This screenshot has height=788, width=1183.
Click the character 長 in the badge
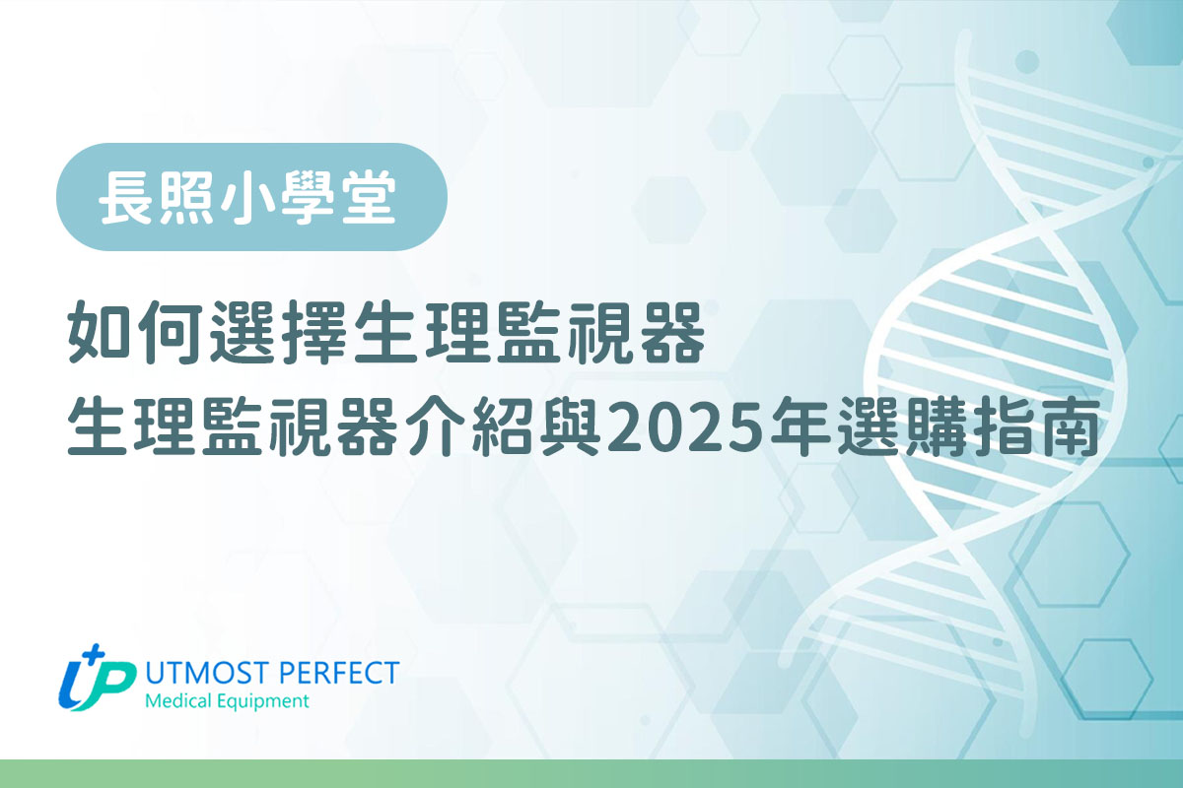pyautogui.click(x=127, y=197)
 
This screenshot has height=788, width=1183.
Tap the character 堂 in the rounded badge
pyautogui.click(x=367, y=197)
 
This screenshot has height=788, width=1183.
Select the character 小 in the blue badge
pyautogui.click(x=246, y=197)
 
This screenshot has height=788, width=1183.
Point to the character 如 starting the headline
pyautogui.click(x=100, y=333)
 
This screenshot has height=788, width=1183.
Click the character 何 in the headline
pyautogui.click(x=172, y=333)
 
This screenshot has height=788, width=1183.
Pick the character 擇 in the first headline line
pyautogui.click(x=314, y=333)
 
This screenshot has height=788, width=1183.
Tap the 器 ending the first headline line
pyautogui.click(x=672, y=333)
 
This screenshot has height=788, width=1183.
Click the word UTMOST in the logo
pyautogui.click(x=208, y=673)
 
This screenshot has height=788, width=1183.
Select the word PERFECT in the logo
pyautogui.click(x=338, y=673)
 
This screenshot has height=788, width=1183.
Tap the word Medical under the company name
pyautogui.click(x=178, y=701)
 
